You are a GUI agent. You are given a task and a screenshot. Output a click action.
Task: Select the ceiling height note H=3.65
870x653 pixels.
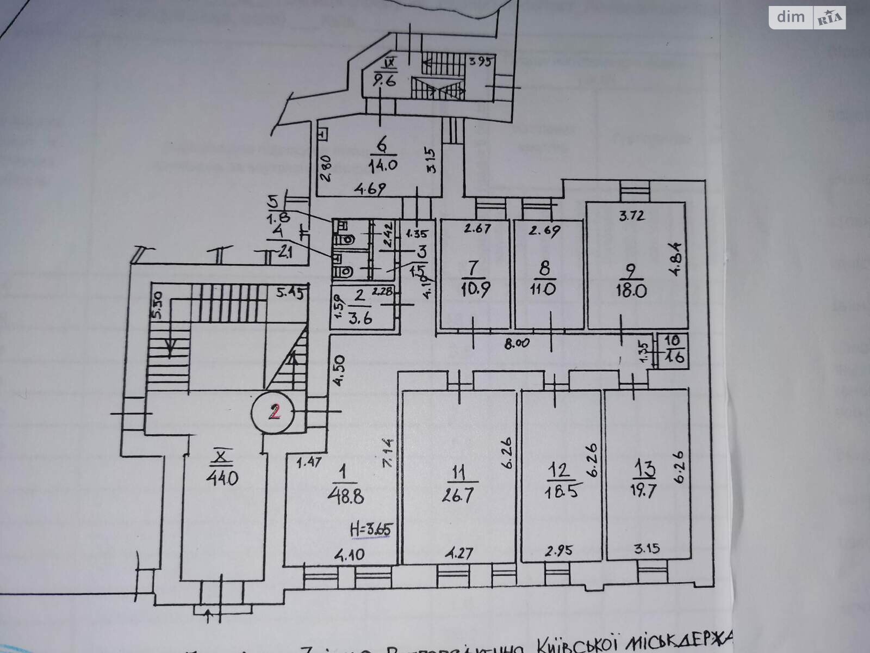(x=371, y=528)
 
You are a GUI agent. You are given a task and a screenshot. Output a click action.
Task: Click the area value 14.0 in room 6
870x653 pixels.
(x=383, y=165)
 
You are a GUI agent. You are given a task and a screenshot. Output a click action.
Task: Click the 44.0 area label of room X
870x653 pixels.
(x=222, y=478)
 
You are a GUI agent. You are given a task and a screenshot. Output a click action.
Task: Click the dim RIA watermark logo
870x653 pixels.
(x=807, y=18)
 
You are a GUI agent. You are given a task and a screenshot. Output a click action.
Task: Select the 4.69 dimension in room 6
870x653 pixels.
(x=370, y=189)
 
